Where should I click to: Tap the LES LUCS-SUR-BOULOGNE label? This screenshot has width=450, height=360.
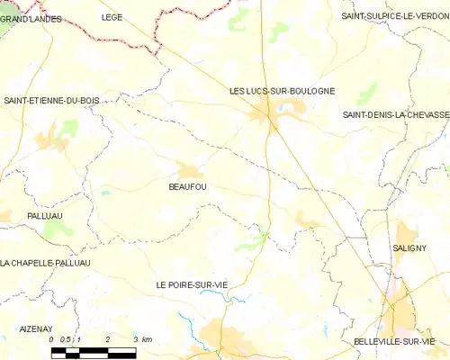coord(282,91)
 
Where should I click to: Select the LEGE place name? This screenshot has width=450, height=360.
coord(112,16)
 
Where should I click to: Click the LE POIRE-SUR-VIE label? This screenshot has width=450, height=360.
coord(193,284)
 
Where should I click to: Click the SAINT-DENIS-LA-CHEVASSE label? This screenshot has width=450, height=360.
coord(395,114)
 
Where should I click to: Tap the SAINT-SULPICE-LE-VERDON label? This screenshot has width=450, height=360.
coord(394,16)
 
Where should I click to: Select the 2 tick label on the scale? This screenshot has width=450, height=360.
coord(107,338)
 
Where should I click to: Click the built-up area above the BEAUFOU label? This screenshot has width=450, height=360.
coord(188,169)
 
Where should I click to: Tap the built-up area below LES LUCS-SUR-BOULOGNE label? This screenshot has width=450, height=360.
coord(267,114)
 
